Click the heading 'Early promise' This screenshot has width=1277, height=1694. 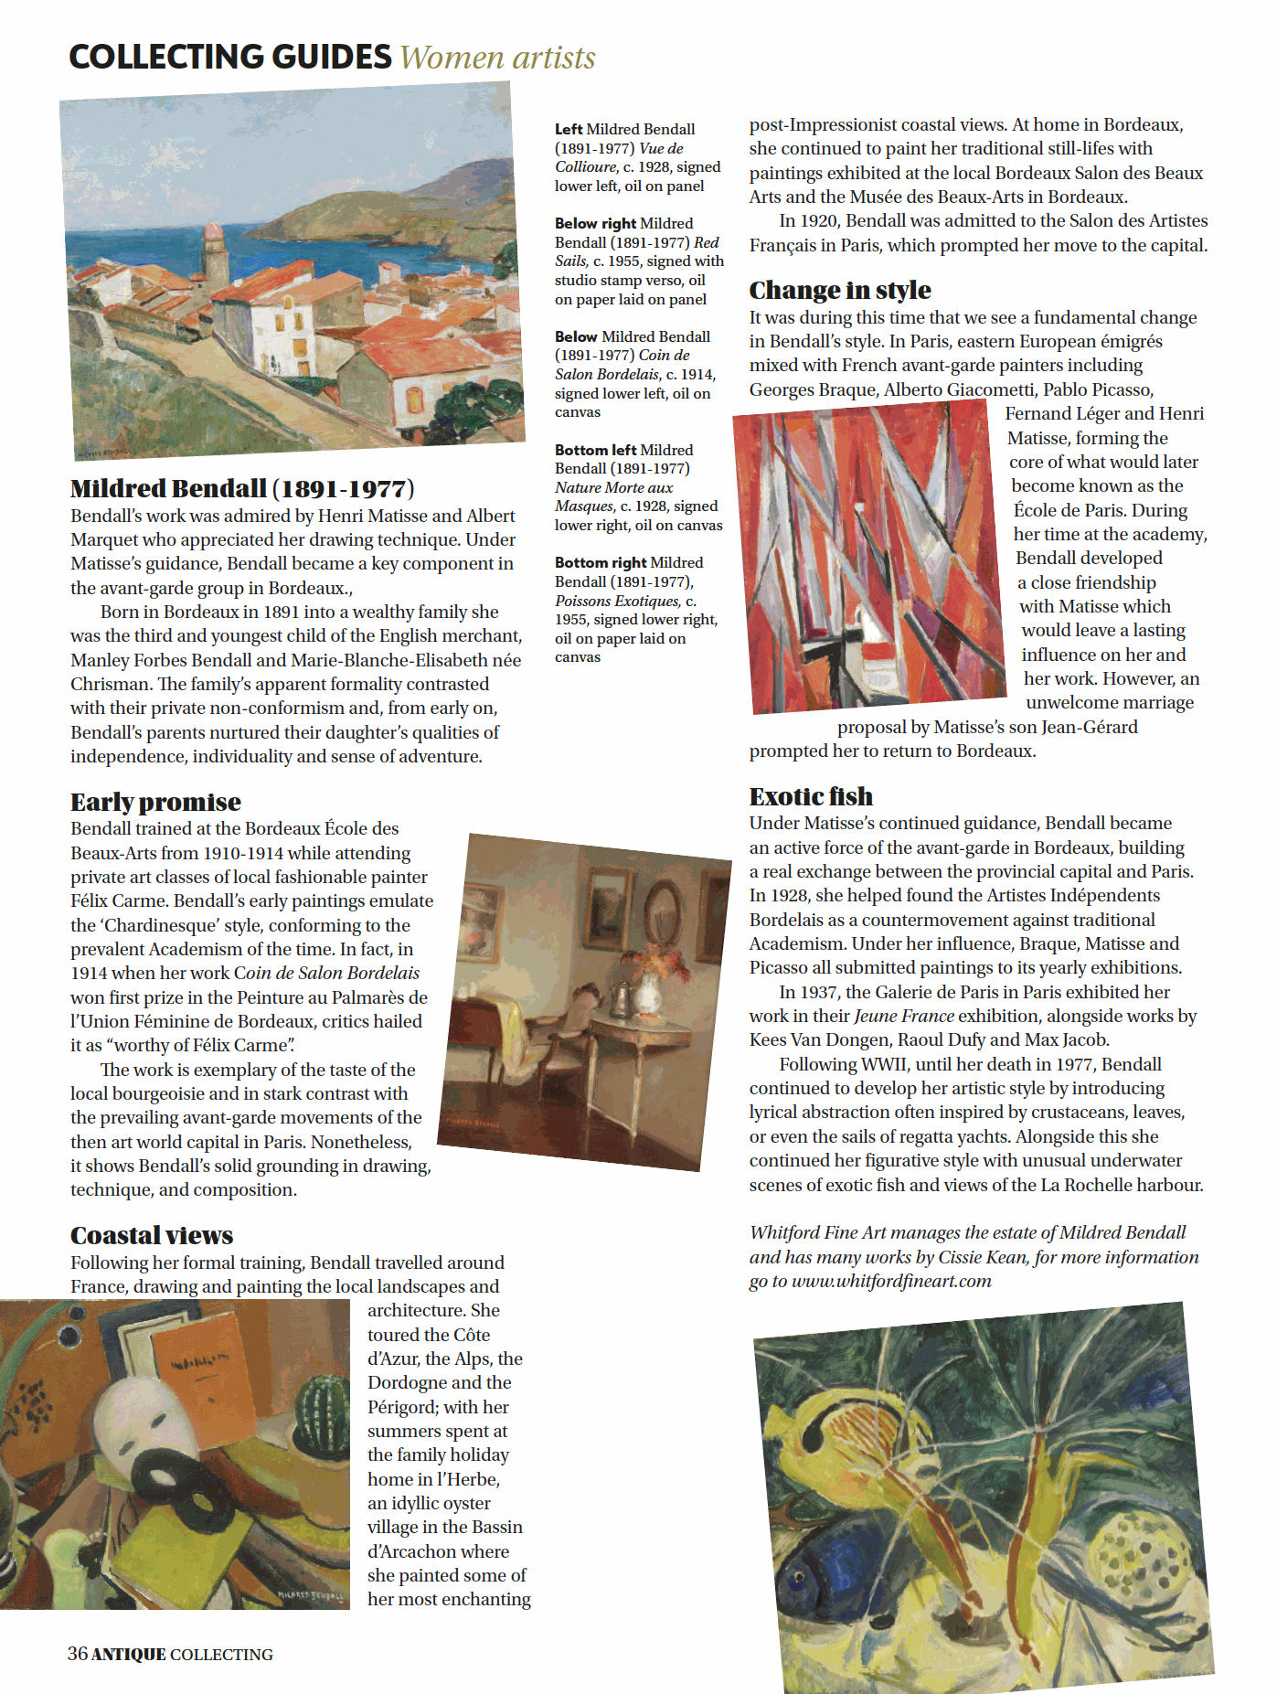pos(155,802)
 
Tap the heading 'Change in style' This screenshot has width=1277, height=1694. pos(840,290)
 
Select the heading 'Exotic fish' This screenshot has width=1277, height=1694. pos(811,796)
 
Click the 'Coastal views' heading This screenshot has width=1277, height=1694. pos(152,1235)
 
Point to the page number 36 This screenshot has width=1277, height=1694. pos(78,1653)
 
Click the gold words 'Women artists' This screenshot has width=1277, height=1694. pos(497,58)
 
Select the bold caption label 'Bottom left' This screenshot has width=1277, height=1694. pos(594,450)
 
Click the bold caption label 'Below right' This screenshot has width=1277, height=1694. pos(595,223)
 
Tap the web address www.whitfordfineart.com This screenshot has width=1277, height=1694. pos(891,1281)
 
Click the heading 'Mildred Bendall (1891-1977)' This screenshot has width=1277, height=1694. pos(242,488)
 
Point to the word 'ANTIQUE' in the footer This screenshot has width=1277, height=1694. pos(128,1654)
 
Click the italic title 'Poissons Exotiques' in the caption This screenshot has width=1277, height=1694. pos(617,601)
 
